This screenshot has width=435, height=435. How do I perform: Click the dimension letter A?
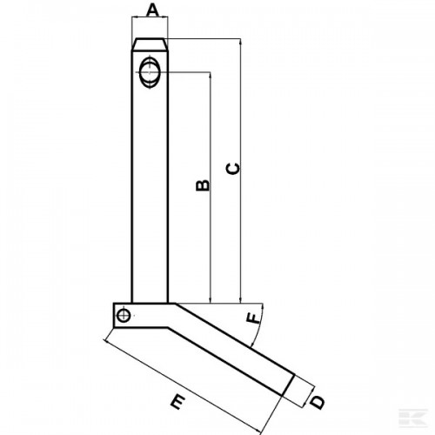click(152, 10)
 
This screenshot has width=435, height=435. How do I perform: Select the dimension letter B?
click(203, 185)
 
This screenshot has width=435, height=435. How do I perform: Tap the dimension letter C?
click(233, 169)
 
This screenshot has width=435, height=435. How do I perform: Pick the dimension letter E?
click(177, 402)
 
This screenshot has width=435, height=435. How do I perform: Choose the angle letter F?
click(253, 318)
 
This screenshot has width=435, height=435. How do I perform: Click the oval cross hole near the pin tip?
click(150, 72)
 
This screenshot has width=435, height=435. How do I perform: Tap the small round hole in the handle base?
click(124, 315)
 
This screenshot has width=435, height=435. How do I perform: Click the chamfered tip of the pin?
click(150, 44)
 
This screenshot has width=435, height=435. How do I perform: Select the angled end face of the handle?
click(288, 385)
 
